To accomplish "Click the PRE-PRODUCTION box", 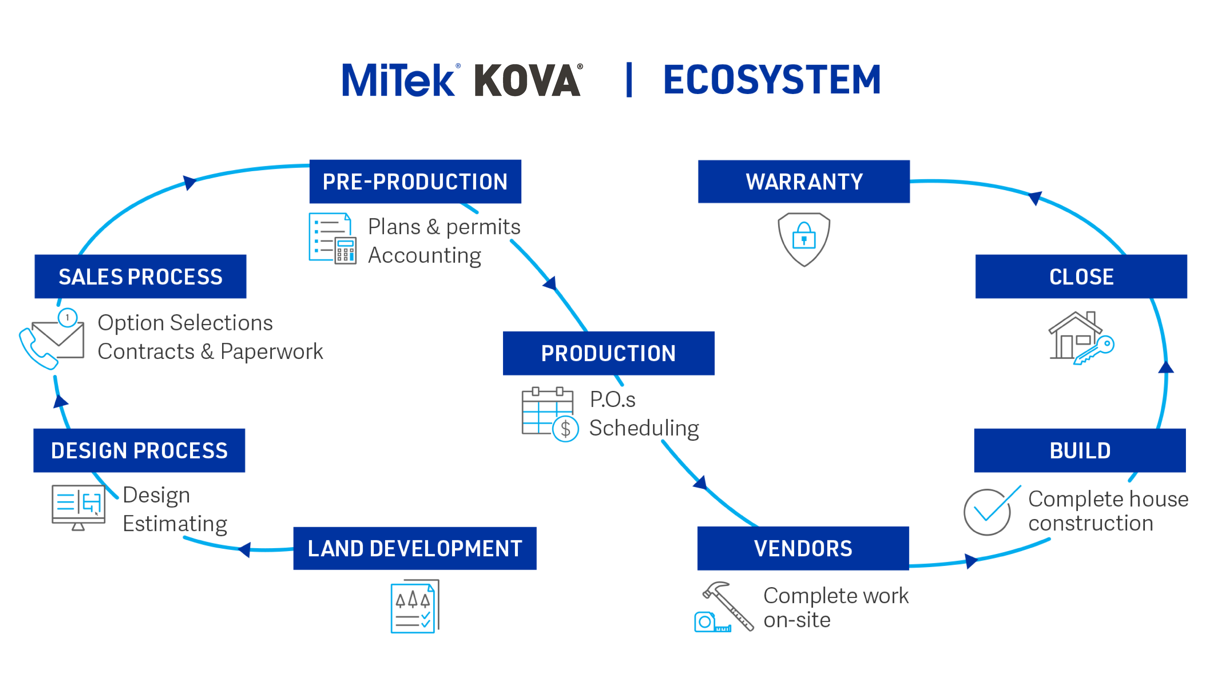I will pos(415,182).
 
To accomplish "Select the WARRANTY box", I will pos(804,182).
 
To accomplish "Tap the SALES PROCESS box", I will pos(140,277).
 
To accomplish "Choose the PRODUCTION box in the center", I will pos(609,353).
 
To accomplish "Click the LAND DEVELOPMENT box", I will pos(414,548).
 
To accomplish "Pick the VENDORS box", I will pos(803,548).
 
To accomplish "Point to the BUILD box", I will pos(1080,450).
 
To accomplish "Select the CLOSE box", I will pos(1081,277).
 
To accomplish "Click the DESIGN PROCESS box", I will pos(139,450).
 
